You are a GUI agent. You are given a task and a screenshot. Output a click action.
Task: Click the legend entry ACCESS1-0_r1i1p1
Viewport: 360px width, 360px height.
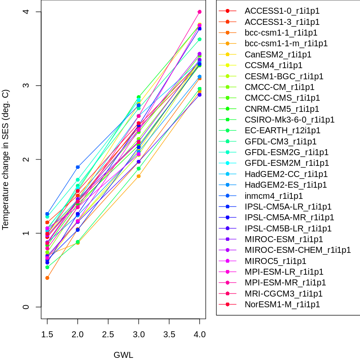point(282,11)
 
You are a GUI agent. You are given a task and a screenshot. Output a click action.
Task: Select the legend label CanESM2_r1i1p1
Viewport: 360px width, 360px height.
point(278,54)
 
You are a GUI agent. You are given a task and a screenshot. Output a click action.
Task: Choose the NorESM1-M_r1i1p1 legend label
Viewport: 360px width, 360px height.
point(282,304)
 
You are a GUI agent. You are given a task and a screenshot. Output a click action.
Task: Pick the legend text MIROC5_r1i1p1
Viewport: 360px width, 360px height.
point(275,261)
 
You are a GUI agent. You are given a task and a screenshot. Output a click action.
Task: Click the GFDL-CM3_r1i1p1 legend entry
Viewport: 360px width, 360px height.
point(280,141)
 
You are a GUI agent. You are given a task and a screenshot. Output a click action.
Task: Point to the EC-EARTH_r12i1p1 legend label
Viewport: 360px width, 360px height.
point(282,130)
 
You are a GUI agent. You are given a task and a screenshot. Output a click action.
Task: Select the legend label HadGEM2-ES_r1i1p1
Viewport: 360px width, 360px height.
point(285,185)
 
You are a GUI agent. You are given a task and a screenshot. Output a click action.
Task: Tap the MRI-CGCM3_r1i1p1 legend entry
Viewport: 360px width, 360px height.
point(283,294)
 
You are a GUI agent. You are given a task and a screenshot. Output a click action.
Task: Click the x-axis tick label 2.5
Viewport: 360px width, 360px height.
point(108,334)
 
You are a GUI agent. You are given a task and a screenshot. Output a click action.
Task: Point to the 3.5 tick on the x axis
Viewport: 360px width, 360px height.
point(169,334)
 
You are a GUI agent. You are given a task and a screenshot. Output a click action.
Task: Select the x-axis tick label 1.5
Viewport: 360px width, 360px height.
point(47,334)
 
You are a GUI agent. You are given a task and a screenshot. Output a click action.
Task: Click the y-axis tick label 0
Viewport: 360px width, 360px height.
point(26,307)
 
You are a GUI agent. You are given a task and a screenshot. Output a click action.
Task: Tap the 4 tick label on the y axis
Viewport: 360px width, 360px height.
point(26,12)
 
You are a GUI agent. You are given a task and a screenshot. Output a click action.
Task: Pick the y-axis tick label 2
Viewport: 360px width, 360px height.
point(26,159)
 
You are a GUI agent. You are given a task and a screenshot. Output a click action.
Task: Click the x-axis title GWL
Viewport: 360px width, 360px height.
point(123,355)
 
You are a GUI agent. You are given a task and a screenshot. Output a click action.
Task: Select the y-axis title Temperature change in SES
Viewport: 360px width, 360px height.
point(6,159)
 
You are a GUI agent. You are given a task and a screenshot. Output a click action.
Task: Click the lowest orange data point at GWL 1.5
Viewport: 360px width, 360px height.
point(47,278)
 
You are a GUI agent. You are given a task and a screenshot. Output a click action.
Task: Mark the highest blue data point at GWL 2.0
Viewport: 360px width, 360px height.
point(78,167)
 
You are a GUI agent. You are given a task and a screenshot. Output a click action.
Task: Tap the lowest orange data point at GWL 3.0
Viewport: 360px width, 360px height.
point(139,176)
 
